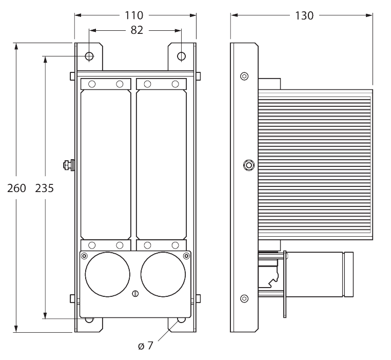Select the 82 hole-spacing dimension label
[x=136, y=30]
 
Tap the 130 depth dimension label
[x=304, y=15]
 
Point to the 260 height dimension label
[x=16, y=188]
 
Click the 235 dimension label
[x=45, y=188]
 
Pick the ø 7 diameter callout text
[x=146, y=346]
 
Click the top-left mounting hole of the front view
[x=89, y=55]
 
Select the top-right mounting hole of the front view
[x=182, y=55]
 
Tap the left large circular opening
[x=108, y=275]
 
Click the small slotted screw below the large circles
[x=135, y=294]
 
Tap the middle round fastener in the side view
[x=248, y=165]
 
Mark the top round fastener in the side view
[x=244, y=77]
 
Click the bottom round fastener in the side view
[x=244, y=298]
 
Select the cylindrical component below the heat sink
[x=318, y=274]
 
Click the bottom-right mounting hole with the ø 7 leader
[x=181, y=320]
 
